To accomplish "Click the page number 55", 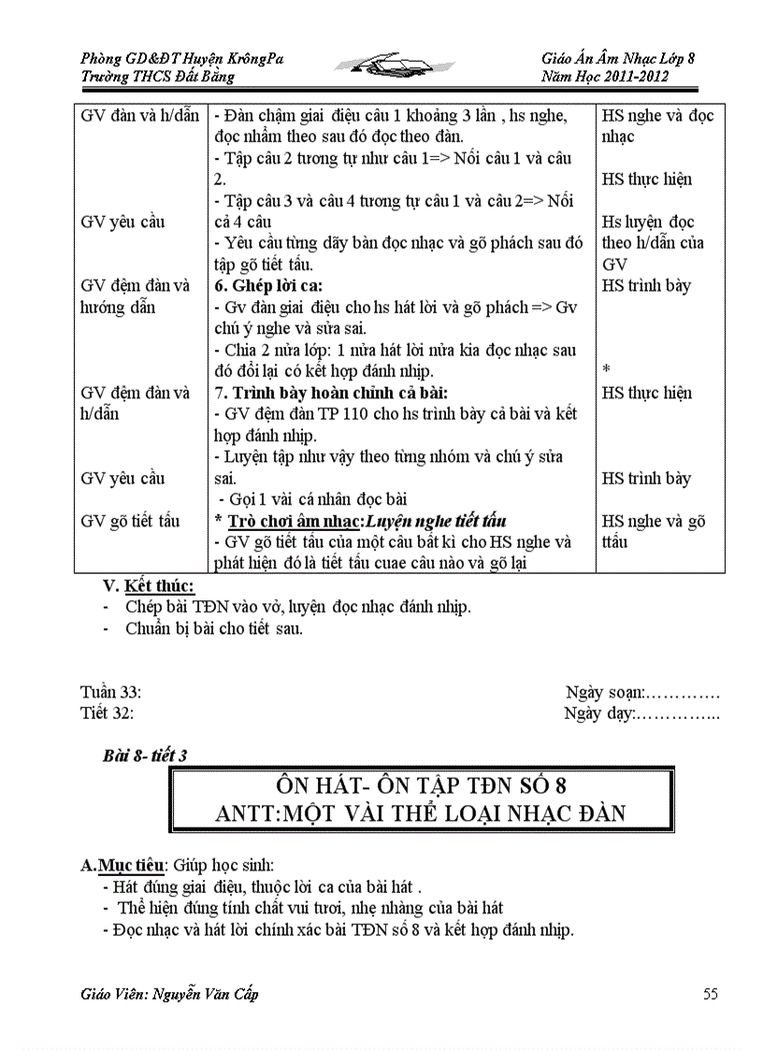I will click(711, 993).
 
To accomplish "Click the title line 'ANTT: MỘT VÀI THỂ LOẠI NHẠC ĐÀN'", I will click(421, 813).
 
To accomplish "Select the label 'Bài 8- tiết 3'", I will click(145, 755).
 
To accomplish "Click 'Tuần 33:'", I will click(111, 692).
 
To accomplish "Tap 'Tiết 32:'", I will click(108, 713).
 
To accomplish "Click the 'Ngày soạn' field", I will click(642, 692).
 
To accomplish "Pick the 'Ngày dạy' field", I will click(642, 713).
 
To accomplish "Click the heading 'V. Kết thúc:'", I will click(149, 586).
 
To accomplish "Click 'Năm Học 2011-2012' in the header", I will click(605, 77).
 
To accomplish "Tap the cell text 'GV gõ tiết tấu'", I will click(131, 521).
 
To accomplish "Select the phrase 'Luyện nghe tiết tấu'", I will click(436, 521).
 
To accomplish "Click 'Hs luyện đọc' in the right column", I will click(648, 223).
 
